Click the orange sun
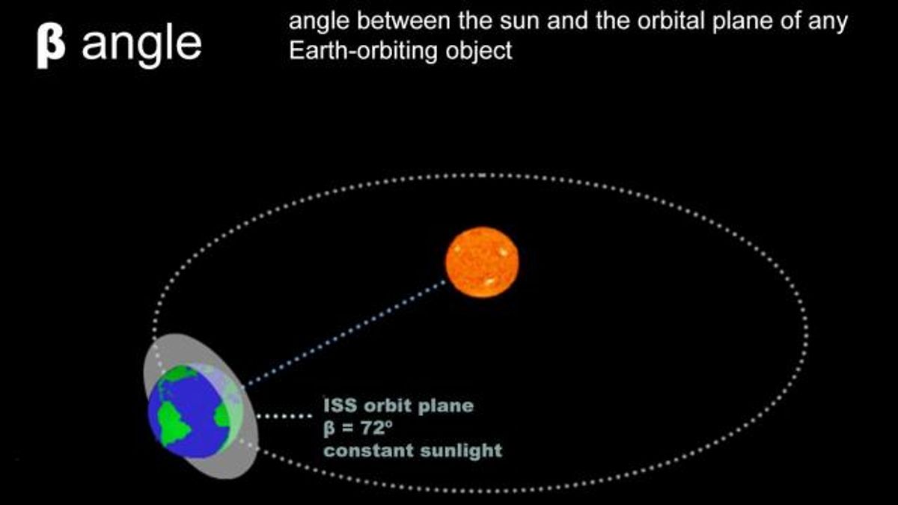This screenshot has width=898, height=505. (x=482, y=263)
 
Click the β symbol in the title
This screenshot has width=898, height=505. (x=51, y=46)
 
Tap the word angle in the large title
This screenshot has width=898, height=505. (x=141, y=46)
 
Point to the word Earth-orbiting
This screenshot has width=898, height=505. (x=358, y=52)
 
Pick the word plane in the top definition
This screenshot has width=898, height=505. (x=742, y=22)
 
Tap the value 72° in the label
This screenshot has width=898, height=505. (x=376, y=428)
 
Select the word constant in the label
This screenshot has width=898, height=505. (x=368, y=450)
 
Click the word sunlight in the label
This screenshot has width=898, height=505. (x=461, y=451)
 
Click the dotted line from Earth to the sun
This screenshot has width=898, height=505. (x=346, y=334)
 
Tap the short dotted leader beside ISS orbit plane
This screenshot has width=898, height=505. (x=284, y=417)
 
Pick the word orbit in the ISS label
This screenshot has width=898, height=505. (x=388, y=405)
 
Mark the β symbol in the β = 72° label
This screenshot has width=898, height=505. (x=329, y=429)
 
